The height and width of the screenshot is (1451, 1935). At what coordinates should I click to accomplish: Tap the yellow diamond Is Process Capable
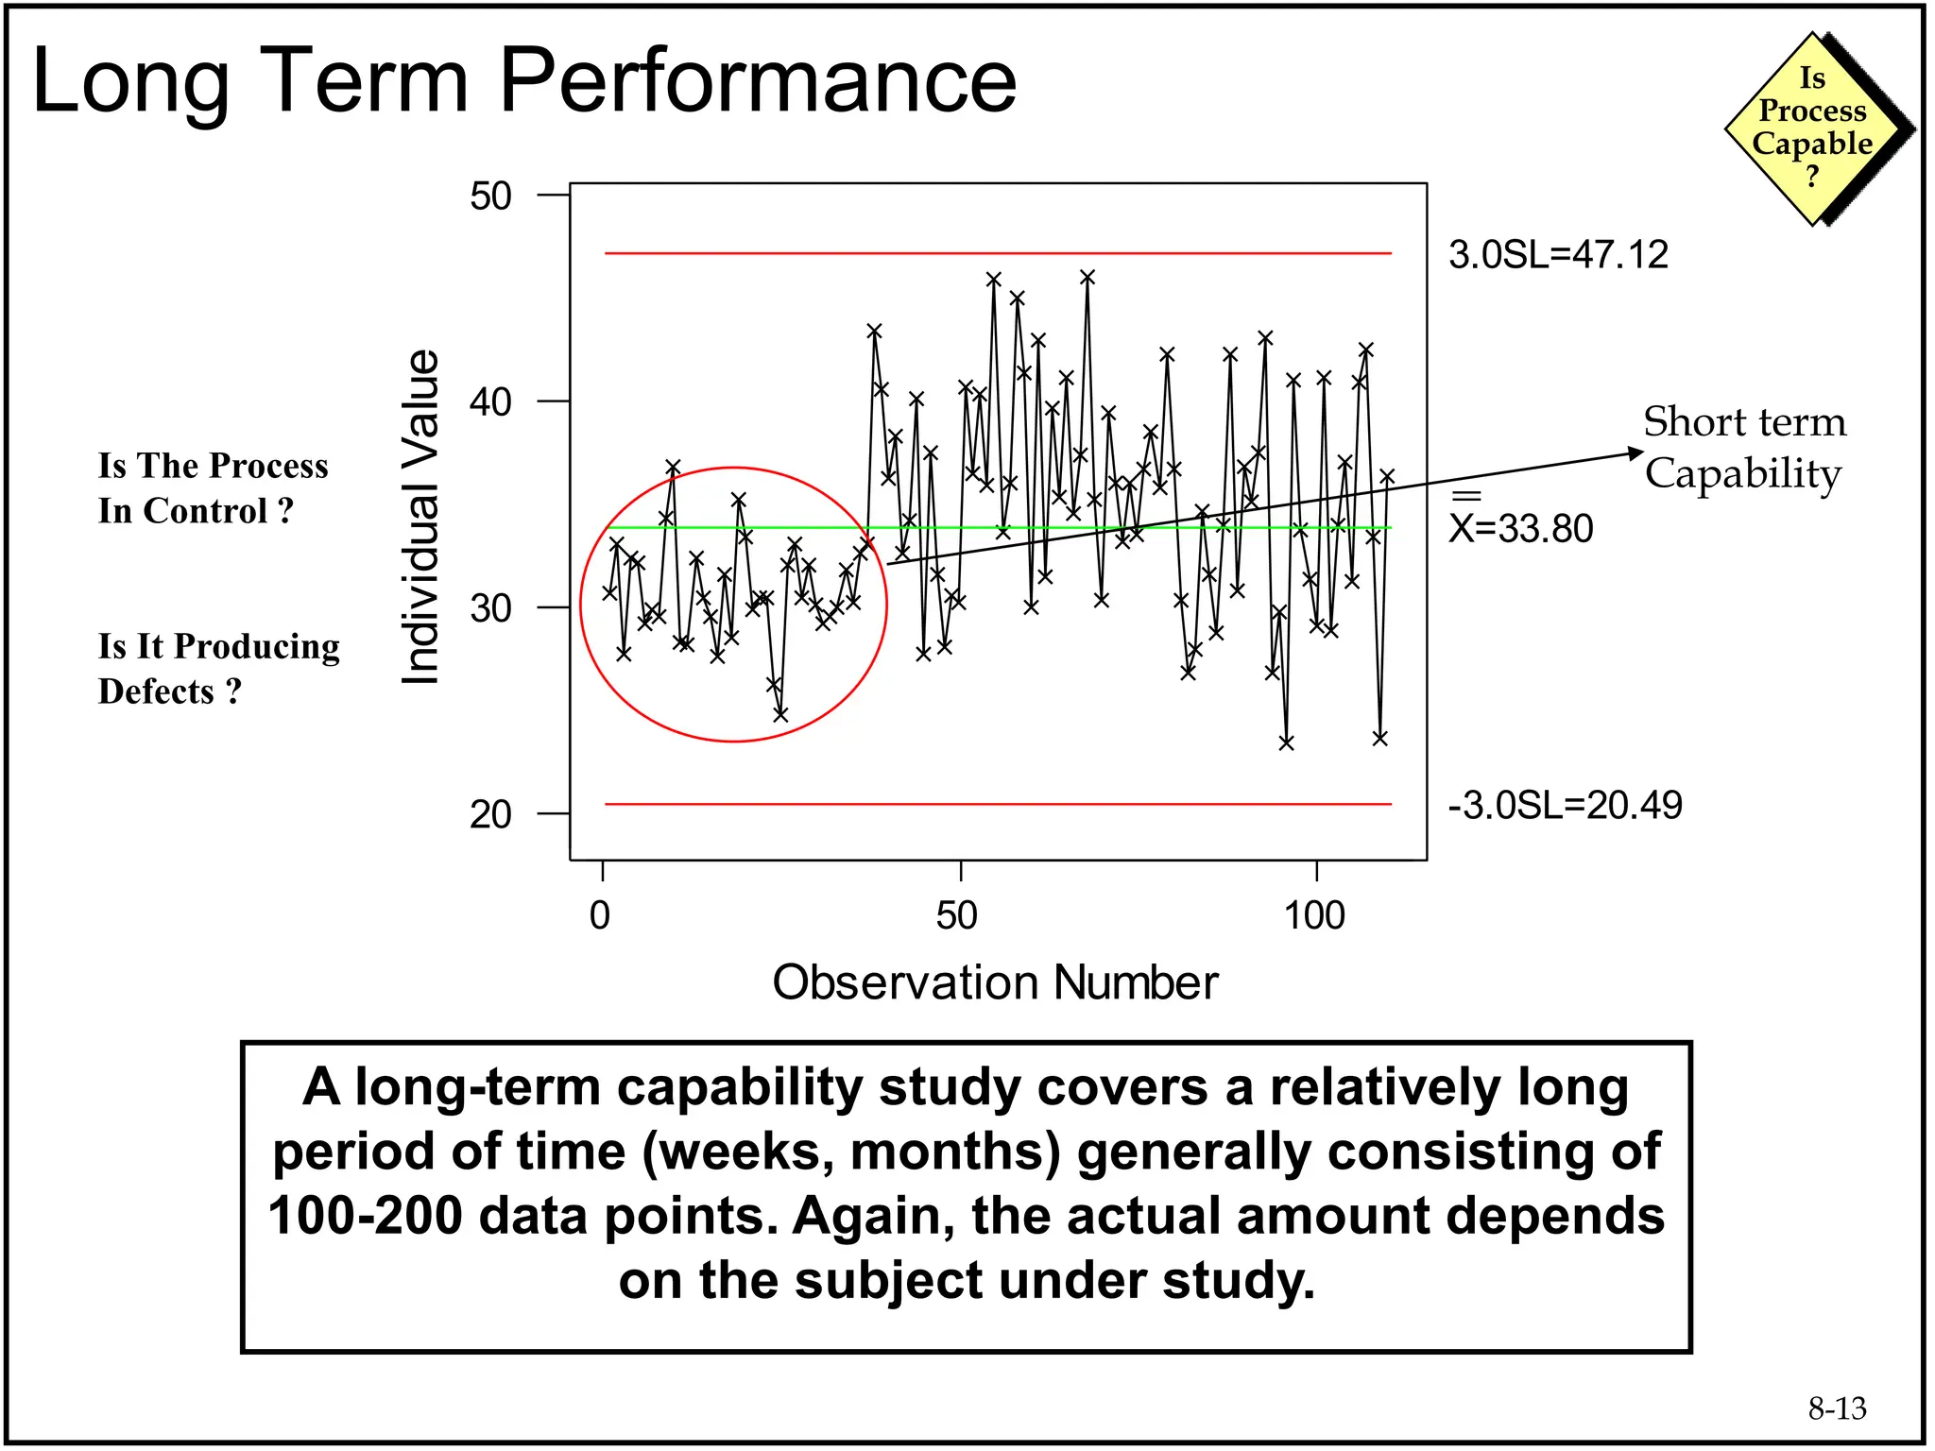[x=1812, y=128]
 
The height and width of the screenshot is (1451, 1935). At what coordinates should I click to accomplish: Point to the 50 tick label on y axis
[x=490, y=196]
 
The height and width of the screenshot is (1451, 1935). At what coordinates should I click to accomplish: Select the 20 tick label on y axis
[x=490, y=814]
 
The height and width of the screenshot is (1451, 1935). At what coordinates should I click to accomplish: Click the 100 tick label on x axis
[x=1314, y=915]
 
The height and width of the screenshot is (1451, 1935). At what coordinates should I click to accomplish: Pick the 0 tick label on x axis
[x=600, y=915]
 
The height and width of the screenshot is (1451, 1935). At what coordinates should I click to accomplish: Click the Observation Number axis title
[x=995, y=982]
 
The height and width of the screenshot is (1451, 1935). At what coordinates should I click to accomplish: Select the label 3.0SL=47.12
[x=1558, y=255]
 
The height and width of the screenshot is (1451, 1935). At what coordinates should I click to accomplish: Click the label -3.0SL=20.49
[x=1565, y=806]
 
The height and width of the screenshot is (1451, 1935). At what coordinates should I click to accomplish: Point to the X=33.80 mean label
[x=1520, y=527]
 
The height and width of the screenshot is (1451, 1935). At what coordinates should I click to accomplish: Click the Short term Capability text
[x=1744, y=447]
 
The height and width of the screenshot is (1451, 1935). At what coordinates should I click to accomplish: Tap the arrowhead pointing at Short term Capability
[x=1636, y=453]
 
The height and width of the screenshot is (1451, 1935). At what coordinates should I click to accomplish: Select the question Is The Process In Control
[x=213, y=488]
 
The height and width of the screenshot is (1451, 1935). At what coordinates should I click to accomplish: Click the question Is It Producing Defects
[x=218, y=669]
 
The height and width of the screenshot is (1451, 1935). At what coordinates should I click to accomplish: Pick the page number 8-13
[x=1837, y=1408]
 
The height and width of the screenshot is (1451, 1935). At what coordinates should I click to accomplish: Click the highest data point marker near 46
[x=1087, y=278]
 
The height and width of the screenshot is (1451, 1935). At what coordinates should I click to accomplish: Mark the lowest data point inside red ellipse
[x=780, y=715]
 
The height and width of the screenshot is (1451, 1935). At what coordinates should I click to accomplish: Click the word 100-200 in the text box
[x=365, y=1216]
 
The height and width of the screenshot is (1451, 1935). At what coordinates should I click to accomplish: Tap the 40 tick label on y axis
[x=490, y=402]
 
